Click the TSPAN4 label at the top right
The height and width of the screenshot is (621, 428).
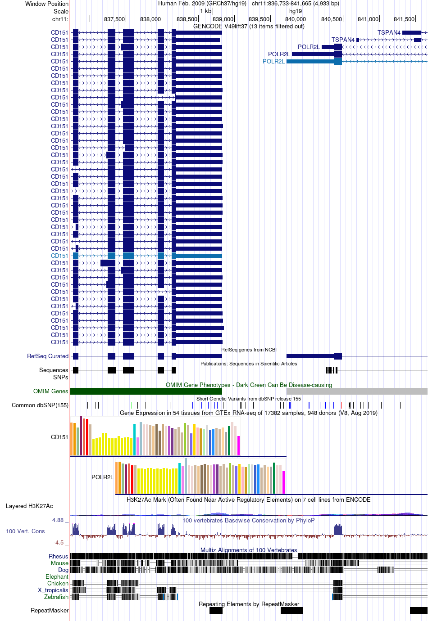[x=389, y=32]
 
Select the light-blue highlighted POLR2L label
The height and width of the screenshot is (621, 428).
[x=273, y=61]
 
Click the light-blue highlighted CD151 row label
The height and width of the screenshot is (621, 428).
[x=59, y=256]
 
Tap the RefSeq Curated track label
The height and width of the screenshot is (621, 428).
[x=48, y=356]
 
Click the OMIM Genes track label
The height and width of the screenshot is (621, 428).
[x=50, y=391]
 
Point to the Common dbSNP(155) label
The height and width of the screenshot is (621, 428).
[x=40, y=405]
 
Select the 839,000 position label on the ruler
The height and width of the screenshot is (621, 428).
[x=223, y=19]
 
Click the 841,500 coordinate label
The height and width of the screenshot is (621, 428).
[x=404, y=19]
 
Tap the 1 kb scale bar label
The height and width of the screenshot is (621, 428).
[x=205, y=11]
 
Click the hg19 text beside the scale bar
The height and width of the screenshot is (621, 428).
[x=296, y=11]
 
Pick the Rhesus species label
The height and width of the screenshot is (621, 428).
[x=59, y=556]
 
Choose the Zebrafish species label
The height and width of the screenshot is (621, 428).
[x=56, y=597]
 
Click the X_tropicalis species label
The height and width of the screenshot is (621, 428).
[x=53, y=590]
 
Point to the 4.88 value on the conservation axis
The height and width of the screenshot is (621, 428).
[x=58, y=520]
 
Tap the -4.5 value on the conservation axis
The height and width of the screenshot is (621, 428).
[x=59, y=542]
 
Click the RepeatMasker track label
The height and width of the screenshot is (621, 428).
[x=50, y=610]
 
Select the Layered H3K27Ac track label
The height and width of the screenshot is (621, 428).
[x=29, y=506]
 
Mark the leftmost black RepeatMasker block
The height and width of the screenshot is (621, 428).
[x=216, y=610]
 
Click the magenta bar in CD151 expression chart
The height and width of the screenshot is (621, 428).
[x=238, y=445]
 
